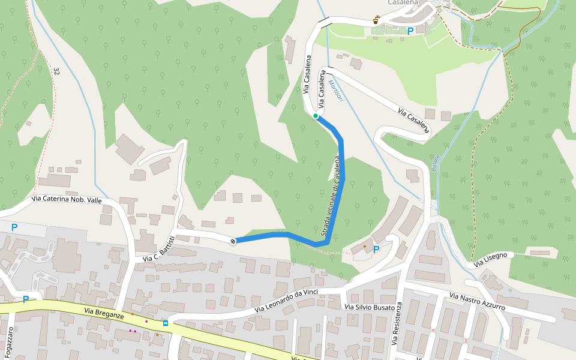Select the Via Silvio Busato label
click(370, 307)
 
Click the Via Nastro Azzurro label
click(477, 302)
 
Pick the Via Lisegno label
click(490, 260)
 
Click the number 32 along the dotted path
click(56, 71)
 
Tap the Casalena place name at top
click(402, 3)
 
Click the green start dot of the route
click(316, 116)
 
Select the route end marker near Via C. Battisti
click(233, 241)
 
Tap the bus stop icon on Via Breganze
click(165, 323)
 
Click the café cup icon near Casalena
click(376, 20)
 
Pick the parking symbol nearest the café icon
click(410, 31)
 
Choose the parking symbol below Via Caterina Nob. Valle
click(14, 228)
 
